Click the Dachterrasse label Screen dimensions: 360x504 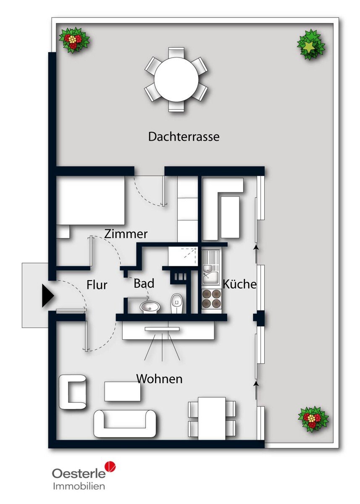[184, 136]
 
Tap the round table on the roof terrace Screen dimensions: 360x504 [176, 80]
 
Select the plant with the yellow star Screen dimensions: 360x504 [311, 45]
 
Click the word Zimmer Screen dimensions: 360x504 [126, 234]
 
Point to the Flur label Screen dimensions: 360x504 [97, 285]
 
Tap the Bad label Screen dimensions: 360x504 [144, 283]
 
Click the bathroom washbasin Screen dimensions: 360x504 [150, 307]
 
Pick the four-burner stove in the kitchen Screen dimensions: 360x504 [212, 298]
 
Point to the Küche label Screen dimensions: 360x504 [239, 284]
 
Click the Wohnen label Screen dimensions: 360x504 [160, 379]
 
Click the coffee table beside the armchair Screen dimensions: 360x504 [123, 391]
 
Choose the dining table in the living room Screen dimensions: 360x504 [212, 418]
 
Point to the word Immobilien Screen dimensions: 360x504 [79, 484]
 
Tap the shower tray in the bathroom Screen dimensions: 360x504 [183, 256]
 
